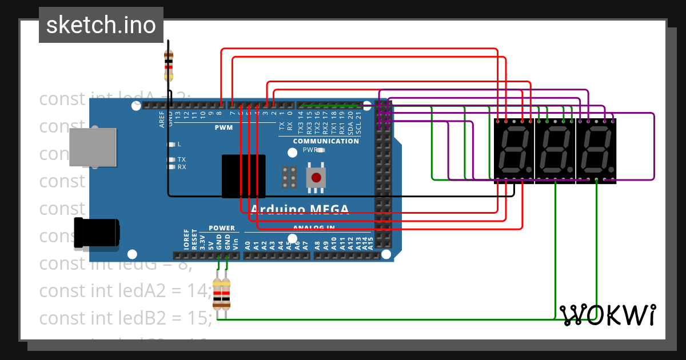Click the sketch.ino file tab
(101, 25)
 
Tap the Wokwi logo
(607, 315)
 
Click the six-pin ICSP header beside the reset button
(289, 178)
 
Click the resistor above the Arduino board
(169, 64)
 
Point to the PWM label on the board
(224, 127)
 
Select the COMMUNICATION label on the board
(326, 141)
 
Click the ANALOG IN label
(314, 227)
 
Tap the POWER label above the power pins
(222, 227)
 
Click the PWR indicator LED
(320, 150)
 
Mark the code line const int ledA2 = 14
(126, 291)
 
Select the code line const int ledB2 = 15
(126, 318)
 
